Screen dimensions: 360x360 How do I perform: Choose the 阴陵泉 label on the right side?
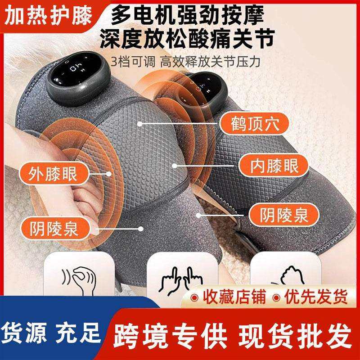(279, 215)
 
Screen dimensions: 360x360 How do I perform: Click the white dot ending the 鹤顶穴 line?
(141, 122)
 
